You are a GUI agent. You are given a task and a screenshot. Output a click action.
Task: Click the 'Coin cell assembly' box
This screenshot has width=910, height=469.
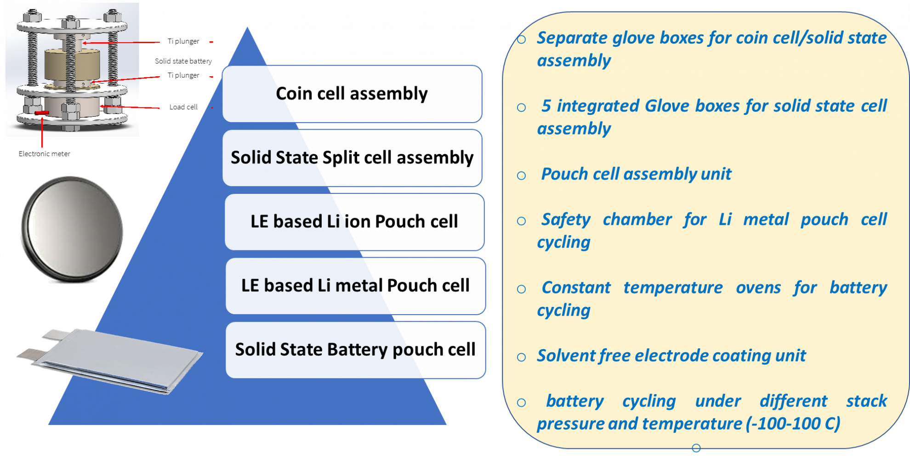pyautogui.click(x=352, y=94)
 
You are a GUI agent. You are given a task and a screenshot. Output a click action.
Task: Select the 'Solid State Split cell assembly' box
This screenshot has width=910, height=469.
pyautogui.click(x=352, y=158)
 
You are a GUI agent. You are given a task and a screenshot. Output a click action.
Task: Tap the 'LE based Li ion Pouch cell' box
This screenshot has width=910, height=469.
pyautogui.click(x=354, y=221)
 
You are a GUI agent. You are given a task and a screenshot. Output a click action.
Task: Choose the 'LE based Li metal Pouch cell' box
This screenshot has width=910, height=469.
pyautogui.click(x=355, y=285)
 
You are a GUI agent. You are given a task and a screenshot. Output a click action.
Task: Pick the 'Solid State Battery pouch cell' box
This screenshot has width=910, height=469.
pyautogui.click(x=355, y=350)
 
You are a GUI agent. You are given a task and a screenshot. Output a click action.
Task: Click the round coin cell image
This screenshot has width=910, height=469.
pyautogui.click(x=72, y=229)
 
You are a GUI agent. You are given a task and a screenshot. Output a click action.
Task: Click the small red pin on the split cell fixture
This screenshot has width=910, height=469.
pyautogui.click(x=42, y=113)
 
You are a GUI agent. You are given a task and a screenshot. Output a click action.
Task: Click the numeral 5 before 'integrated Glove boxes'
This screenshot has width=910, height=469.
pyautogui.click(x=546, y=106)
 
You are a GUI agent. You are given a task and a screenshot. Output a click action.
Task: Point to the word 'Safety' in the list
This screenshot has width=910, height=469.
pyautogui.click(x=565, y=220)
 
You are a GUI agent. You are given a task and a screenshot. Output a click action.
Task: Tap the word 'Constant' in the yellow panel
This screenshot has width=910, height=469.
pyautogui.click(x=576, y=288)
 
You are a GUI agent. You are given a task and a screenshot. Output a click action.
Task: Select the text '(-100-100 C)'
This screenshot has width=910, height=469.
pyautogui.click(x=793, y=424)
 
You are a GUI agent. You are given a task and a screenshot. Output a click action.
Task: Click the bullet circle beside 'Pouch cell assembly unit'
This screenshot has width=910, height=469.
pyautogui.click(x=521, y=175)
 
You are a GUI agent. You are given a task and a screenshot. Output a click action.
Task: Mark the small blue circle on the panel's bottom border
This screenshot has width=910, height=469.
pyautogui.click(x=696, y=448)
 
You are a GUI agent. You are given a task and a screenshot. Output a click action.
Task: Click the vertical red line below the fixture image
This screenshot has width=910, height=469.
pyautogui.click(x=42, y=133)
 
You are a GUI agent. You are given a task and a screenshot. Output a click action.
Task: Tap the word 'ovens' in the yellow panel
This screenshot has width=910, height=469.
pyautogui.click(x=758, y=288)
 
